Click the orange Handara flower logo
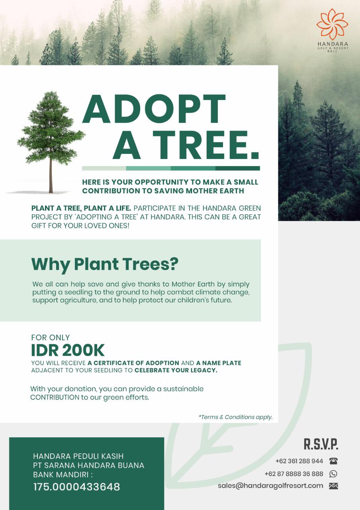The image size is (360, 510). pyautogui.click(x=332, y=24)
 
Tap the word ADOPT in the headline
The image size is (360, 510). pyautogui.click(x=154, y=109)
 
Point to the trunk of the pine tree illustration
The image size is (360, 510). pyautogui.click(x=51, y=175)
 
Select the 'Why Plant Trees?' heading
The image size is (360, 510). pyautogui.click(x=105, y=264)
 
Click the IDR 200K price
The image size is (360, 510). pyautogui.click(x=68, y=350)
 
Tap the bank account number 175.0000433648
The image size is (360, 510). pyautogui.click(x=77, y=487)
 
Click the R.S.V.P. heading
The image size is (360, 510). pyautogui.click(x=321, y=444)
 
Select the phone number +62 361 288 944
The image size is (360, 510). pyautogui.click(x=299, y=461)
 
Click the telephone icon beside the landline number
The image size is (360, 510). pyautogui.click(x=333, y=461)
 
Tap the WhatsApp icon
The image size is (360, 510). pyautogui.click(x=333, y=474)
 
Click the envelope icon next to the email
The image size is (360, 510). pyautogui.click(x=333, y=486)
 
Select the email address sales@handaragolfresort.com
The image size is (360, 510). pyautogui.click(x=270, y=486)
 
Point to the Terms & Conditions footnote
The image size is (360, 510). pyautogui.click(x=235, y=417)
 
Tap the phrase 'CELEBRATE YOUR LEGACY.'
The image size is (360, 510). pyautogui.click(x=176, y=370)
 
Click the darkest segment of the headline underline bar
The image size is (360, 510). pyautogui.click(x=238, y=168)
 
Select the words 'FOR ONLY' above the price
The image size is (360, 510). pyautogui.click(x=50, y=337)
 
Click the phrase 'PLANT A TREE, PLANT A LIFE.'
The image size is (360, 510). pyautogui.click(x=81, y=208)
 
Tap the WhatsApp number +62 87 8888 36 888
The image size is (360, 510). pyautogui.click(x=294, y=474)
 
